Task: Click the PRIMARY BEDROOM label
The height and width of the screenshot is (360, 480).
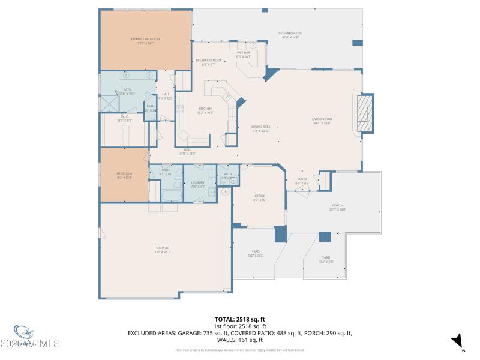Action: pos(145,40)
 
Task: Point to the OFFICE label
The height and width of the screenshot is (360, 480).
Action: pos(260,197)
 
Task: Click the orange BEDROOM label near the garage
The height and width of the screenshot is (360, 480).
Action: pos(124,175)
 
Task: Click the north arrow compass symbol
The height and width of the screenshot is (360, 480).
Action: pos(458,340)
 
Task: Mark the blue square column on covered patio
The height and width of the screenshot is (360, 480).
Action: pos(357,43)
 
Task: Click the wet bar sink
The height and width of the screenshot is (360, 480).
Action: pos(253,45)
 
